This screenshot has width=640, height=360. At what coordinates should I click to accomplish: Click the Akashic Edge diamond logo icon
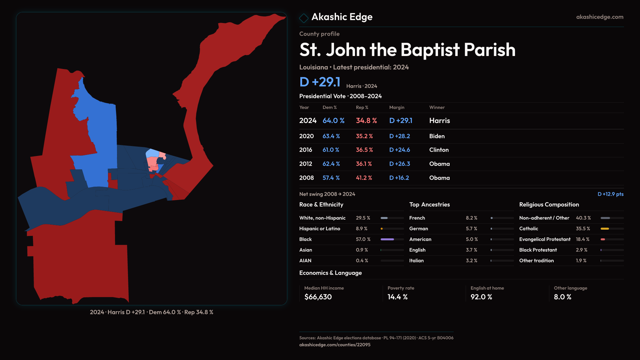304,18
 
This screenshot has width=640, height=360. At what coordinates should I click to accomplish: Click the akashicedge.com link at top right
600,17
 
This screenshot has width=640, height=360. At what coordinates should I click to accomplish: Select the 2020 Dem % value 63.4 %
331,136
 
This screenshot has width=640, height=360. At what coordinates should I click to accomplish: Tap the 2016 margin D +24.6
399,150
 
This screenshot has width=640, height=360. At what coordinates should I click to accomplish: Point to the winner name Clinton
439,150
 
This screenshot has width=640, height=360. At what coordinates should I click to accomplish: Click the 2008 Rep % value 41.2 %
364,178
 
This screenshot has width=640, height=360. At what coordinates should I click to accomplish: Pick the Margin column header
397,107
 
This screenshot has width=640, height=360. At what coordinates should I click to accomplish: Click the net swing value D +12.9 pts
610,194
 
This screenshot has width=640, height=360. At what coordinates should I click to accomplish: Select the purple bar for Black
387,239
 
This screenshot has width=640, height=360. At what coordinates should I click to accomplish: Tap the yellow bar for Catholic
605,229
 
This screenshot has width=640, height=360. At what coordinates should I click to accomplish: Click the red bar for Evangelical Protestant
603,239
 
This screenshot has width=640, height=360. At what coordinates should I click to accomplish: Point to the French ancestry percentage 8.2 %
471,218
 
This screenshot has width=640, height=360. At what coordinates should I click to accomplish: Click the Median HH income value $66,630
318,297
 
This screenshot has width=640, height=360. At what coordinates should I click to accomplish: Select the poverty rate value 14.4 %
397,297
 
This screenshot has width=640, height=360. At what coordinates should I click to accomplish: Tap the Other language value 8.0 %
562,297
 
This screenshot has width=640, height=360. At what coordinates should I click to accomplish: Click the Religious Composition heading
549,205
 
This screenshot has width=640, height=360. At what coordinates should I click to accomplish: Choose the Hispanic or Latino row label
319,229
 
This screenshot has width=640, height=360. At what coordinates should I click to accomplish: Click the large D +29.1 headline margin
320,82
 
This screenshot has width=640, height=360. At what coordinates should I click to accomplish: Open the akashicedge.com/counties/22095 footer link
335,345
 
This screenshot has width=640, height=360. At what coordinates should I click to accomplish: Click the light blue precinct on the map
152,153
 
